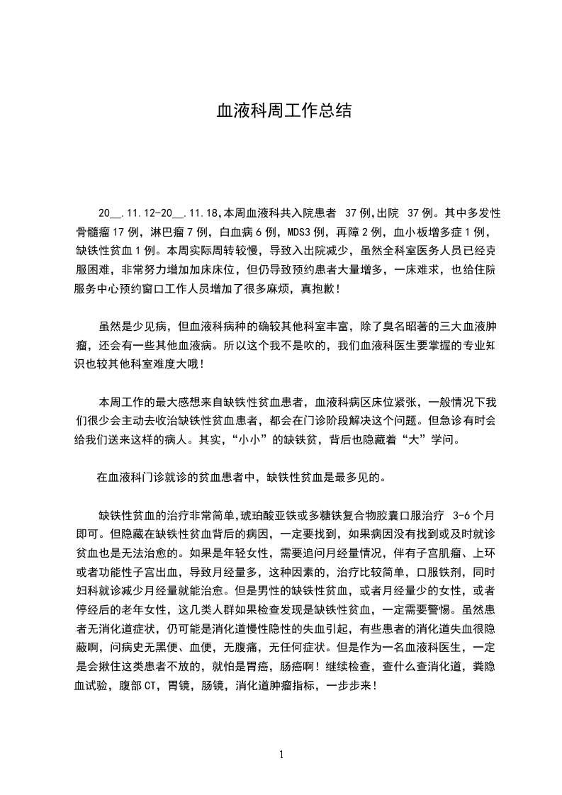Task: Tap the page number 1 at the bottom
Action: [x=281, y=755]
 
